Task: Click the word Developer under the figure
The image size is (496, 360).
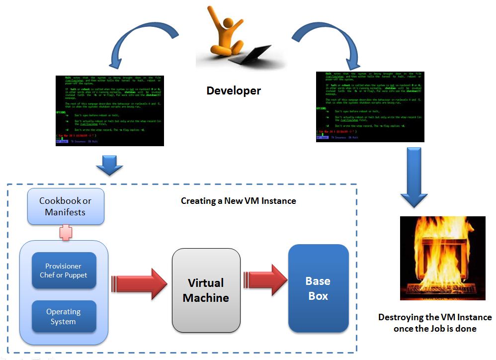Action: click(x=233, y=90)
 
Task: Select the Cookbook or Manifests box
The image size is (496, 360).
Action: click(x=65, y=206)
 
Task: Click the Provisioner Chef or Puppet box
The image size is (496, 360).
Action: click(x=64, y=270)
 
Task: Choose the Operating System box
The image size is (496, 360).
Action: click(x=64, y=316)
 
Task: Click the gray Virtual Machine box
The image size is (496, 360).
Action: click(x=206, y=290)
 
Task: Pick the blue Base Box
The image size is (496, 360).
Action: click(x=318, y=288)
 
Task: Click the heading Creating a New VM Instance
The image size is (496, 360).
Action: click(x=238, y=201)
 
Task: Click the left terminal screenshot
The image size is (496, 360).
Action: click(x=110, y=110)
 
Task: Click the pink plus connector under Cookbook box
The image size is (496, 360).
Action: click(x=66, y=232)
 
